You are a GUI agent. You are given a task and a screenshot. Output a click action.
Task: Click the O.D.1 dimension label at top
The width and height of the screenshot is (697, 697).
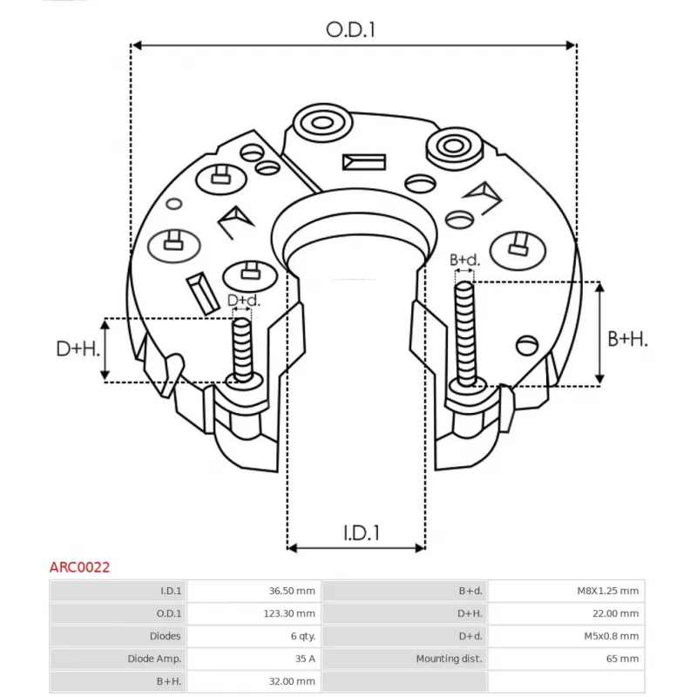pos(351,30)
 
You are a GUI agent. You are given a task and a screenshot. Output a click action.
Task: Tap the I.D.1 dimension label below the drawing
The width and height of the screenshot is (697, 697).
pos(362,533)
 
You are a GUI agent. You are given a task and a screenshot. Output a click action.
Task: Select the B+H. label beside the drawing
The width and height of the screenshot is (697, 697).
pos(627,339)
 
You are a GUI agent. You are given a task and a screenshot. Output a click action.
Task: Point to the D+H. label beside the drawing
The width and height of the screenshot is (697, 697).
pos(78,349)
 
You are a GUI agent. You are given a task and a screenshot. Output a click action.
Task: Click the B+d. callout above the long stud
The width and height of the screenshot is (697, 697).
pos(464,260)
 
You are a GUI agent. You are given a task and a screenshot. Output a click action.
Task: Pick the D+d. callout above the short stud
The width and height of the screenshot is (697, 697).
pos(244,301)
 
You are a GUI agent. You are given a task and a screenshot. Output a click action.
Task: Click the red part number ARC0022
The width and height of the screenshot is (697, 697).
pos(79,567)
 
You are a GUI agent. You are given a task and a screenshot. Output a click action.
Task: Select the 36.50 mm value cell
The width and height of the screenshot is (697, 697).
pos(292,591)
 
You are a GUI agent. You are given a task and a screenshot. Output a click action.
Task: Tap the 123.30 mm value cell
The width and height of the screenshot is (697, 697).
pos(289,613)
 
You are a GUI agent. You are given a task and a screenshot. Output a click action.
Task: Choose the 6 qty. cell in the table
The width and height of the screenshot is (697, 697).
pos(303,636)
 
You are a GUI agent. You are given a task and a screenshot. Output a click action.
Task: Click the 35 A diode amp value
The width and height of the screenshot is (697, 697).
pos(305,659)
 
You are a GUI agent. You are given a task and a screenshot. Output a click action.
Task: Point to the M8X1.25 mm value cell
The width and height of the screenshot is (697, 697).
pos(607,591)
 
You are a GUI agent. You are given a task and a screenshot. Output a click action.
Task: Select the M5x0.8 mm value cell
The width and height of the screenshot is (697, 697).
pos(612,636)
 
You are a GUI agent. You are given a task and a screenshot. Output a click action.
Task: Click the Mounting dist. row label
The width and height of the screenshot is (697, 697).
pos(449,659)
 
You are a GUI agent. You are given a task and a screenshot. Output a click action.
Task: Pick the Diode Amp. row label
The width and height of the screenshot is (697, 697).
pos(154,659)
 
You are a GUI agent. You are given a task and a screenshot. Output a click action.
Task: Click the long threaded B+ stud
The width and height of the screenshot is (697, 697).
pos(465,335)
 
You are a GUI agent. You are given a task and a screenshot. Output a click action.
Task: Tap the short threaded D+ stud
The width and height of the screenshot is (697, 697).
pos(242,350)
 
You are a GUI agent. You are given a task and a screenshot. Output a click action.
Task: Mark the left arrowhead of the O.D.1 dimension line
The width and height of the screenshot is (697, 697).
pos(137,45)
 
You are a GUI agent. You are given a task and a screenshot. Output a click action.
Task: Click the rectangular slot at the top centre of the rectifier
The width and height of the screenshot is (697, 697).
pos(364,162)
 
